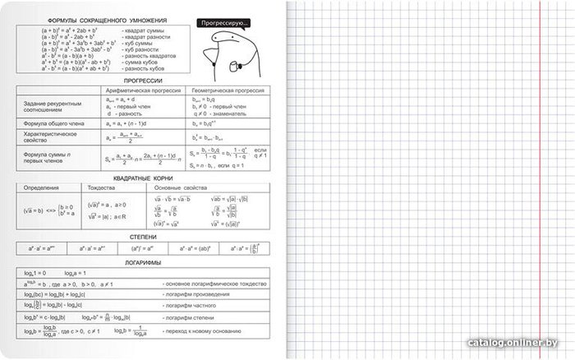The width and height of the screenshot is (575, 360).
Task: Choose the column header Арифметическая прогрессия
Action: click(x=145, y=90)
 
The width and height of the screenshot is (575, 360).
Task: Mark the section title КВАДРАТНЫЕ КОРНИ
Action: click(x=143, y=178)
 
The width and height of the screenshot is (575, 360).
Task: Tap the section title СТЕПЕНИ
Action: click(x=143, y=235)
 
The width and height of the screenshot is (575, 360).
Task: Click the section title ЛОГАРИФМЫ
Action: click(x=143, y=263)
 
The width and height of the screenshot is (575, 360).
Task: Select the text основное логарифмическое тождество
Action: click(x=217, y=283)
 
